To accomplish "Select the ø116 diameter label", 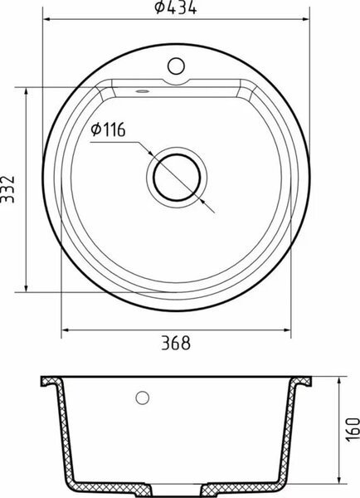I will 108,129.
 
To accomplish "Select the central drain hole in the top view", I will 175,176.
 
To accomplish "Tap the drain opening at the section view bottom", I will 175,488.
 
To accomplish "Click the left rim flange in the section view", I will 51,383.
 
